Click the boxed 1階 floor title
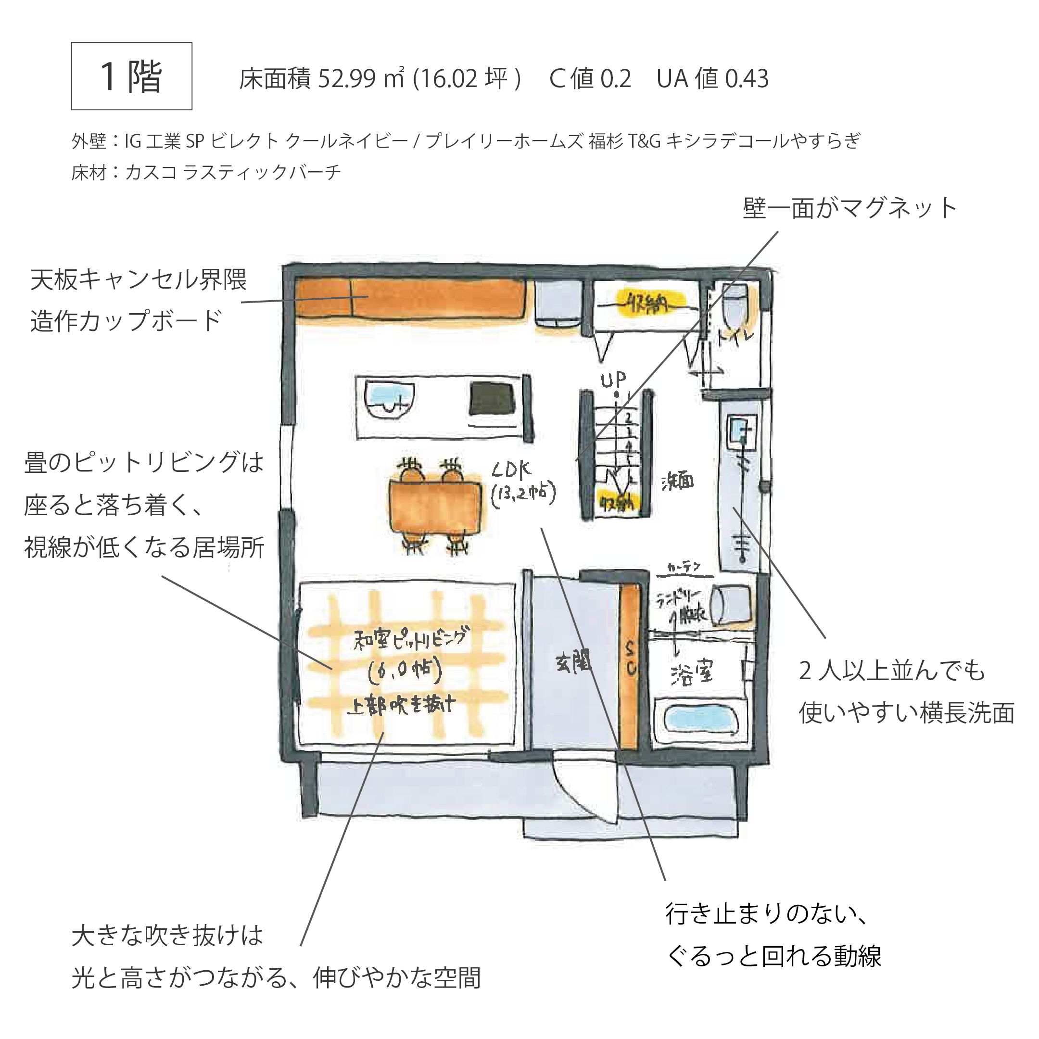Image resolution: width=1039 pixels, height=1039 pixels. [131, 76]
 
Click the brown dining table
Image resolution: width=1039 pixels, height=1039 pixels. [434, 507]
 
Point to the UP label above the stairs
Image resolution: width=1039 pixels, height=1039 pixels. [613, 380]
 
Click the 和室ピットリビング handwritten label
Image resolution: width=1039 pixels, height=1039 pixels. [410, 638]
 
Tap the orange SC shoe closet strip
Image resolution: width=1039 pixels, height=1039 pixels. [630, 667]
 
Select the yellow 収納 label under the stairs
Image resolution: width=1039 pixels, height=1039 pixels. [617, 503]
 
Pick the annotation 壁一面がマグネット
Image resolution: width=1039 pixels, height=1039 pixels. [849, 208]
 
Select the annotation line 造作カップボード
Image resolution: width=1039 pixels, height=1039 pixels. [126, 321]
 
